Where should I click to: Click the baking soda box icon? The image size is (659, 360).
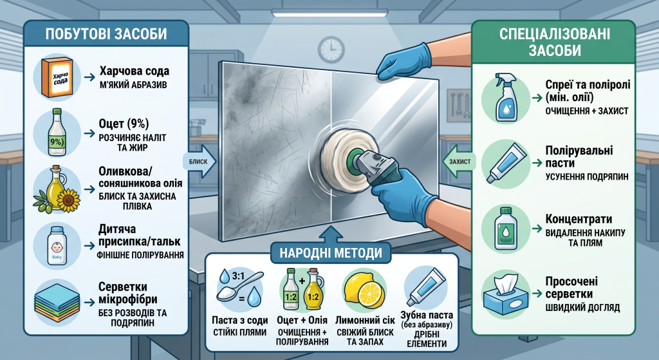click(57, 78)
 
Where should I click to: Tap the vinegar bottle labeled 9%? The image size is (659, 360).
click(57, 133)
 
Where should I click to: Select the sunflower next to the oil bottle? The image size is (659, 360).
click(68, 200)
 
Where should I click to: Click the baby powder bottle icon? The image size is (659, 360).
click(57, 246)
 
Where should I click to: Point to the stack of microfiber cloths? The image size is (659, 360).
click(57, 302)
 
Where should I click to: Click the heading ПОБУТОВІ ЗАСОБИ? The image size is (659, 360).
click(106, 34)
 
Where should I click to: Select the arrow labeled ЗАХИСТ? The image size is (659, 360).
click(459, 162)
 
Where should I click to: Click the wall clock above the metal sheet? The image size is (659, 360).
click(331, 49)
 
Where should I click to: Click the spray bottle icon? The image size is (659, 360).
click(506, 97)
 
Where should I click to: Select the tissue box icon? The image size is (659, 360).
click(505, 294)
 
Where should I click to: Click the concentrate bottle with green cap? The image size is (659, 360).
click(505, 229)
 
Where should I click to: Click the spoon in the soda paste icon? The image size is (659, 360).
click(239, 287)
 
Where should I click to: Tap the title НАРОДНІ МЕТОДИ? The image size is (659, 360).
click(331, 253)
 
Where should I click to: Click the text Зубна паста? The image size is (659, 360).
click(427, 315)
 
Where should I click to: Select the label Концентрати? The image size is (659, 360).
click(579, 219)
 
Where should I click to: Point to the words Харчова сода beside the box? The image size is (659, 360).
click(135, 71)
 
